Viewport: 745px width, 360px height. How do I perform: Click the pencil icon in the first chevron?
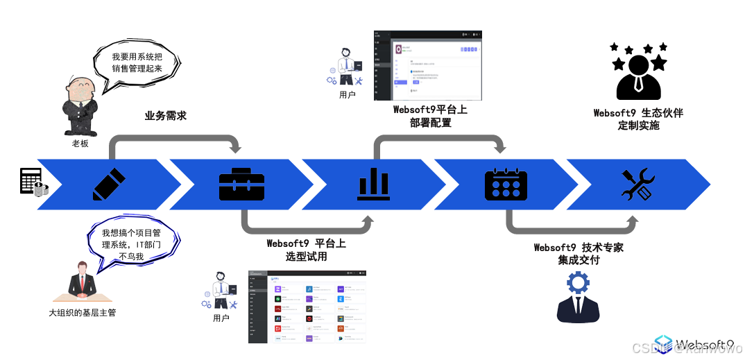109,184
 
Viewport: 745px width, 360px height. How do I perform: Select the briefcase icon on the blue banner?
241,184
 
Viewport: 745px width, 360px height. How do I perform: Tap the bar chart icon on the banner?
373,184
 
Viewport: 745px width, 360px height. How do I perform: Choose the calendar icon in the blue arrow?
506,184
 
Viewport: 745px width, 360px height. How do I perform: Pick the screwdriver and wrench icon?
637,184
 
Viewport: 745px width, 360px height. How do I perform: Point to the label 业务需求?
166,116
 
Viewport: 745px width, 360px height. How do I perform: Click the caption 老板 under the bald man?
80,144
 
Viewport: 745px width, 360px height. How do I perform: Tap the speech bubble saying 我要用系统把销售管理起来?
137,63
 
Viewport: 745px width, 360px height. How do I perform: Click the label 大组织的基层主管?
82,313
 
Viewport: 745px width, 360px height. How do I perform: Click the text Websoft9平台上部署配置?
430,116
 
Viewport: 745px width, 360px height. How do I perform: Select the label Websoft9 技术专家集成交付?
579,254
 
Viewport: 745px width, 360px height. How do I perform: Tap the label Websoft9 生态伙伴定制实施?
638,119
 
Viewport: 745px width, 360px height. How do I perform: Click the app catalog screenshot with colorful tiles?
307,307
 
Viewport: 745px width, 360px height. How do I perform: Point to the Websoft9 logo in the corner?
694,345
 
